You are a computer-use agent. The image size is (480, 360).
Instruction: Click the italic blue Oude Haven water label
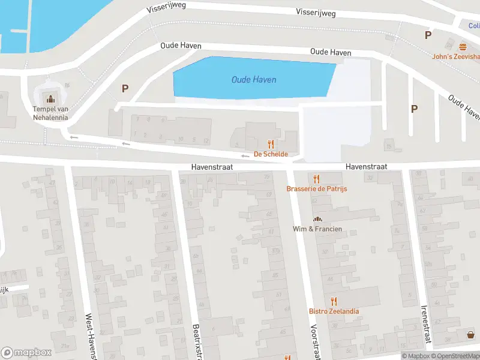pos(254,80)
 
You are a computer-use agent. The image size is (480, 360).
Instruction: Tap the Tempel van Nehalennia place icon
pos(50,98)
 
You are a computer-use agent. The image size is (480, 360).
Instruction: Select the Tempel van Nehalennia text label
pos(50,113)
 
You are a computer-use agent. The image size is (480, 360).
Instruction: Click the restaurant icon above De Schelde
pos(271,144)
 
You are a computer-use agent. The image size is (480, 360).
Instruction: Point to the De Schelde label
pos(271,154)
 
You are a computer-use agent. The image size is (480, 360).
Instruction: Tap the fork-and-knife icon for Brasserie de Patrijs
pos(317,178)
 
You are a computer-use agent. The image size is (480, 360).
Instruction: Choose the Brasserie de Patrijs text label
pos(317,189)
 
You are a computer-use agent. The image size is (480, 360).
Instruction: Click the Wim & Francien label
pos(317,229)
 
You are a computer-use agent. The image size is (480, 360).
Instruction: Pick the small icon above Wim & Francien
pos(317,219)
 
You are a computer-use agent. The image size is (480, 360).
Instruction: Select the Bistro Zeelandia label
pos(334,311)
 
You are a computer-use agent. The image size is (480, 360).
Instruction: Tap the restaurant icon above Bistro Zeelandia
pos(334,301)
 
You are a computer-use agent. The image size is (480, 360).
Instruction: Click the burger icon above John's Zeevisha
pos(463,47)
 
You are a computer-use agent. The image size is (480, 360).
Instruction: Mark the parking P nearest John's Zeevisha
pos(428,35)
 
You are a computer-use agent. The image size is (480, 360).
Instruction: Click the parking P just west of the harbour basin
pos(125,88)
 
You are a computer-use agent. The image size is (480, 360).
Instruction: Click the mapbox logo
pos(26,352)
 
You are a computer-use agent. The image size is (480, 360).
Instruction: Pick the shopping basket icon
pos(470,335)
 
